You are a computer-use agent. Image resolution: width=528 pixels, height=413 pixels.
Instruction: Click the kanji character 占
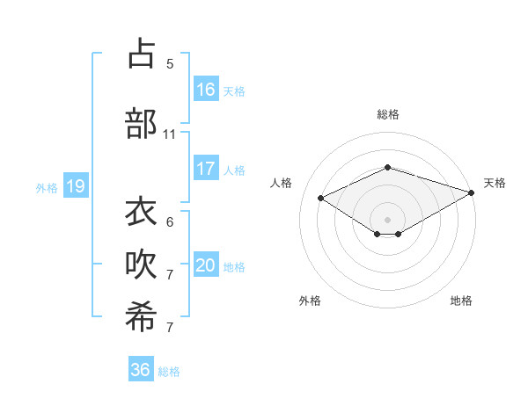pyautogui.click(x=141, y=54)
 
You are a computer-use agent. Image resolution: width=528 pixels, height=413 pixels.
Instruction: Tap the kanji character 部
pyautogui.click(x=141, y=123)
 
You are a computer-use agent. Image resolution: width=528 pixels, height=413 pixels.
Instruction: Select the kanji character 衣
pyautogui.click(x=141, y=212)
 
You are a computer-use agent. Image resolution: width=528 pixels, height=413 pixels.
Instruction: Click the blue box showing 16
pyautogui.click(x=206, y=90)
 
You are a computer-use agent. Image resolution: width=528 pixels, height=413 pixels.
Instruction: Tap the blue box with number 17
pyautogui.click(x=206, y=169)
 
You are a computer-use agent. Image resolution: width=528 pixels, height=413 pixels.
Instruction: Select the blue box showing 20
pyautogui.click(x=206, y=265)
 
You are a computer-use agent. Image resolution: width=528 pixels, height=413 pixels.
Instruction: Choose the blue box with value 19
pyautogui.click(x=75, y=186)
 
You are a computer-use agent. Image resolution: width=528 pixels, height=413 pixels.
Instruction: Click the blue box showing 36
pyautogui.click(x=141, y=370)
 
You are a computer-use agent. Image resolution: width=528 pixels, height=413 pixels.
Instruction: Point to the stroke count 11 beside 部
pyautogui.click(x=170, y=134)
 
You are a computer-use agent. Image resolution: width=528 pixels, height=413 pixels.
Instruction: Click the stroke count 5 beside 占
pyautogui.click(x=170, y=64)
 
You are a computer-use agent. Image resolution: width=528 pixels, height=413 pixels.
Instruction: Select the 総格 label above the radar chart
pyautogui.click(x=387, y=114)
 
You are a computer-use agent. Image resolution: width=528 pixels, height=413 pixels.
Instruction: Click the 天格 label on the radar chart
pyautogui.click(x=495, y=183)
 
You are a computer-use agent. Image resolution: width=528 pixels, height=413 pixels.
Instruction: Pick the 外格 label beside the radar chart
pyautogui.click(x=310, y=301)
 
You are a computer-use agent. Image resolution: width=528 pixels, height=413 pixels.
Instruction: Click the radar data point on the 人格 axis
pyautogui.click(x=321, y=198)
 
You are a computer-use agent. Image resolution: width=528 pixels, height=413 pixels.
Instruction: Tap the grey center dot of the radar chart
pyautogui.click(x=387, y=219)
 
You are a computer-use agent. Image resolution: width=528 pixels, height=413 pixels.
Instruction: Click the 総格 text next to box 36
pyautogui.click(x=170, y=372)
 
